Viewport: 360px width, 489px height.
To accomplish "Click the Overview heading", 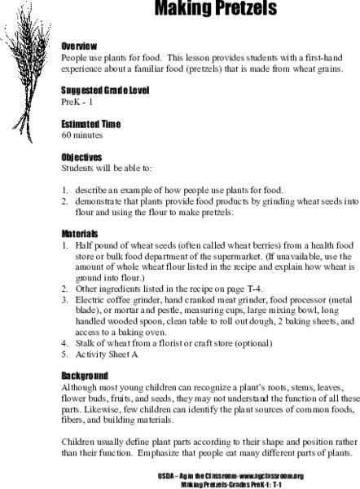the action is coord(80,47).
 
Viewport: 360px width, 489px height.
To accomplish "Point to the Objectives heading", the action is coord(82,156).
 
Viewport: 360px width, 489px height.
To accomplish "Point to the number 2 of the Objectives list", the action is coord(64,198).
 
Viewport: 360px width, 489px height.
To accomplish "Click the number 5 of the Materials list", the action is coord(64,356).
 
